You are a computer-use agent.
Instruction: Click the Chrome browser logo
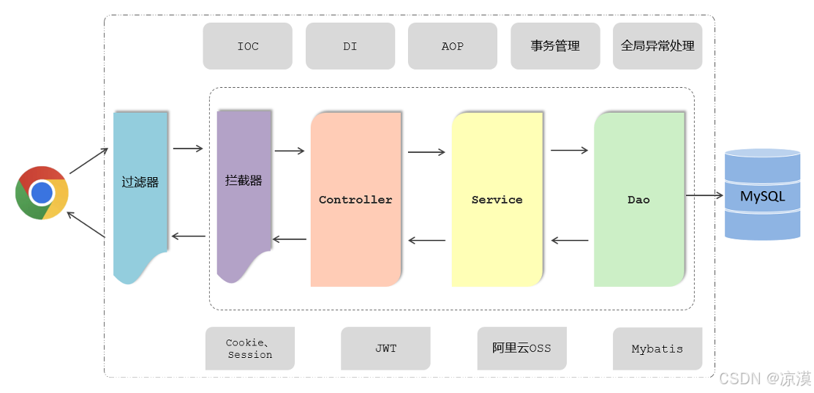[42, 192]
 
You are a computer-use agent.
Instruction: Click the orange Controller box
[355, 199]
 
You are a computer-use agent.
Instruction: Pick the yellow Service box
[497, 199]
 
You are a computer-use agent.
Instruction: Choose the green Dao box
[638, 199]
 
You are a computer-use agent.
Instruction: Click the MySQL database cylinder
[762, 195]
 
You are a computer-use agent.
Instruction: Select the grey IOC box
[247, 46]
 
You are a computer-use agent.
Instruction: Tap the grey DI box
[350, 46]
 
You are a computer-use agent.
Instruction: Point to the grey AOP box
[452, 46]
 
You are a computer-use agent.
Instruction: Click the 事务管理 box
[555, 46]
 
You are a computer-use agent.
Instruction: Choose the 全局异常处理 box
[657, 46]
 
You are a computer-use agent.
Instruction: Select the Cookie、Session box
[249, 348]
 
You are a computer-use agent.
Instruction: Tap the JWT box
[385, 348]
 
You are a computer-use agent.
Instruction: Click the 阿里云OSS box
[521, 348]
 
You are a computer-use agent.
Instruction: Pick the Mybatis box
[657, 348]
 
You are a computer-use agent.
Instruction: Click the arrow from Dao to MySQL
[704, 195]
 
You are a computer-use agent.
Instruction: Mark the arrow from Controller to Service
[426, 152]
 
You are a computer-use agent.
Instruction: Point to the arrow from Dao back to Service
[570, 240]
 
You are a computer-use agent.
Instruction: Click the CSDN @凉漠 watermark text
[764, 378]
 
